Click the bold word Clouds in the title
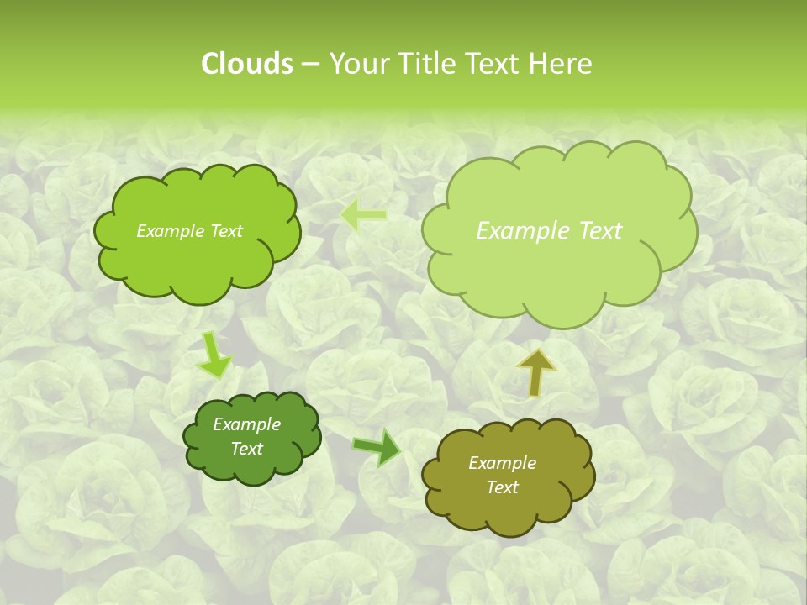click(x=246, y=64)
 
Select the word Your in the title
click(x=356, y=64)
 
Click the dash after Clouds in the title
click(x=309, y=65)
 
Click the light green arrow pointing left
click(x=363, y=215)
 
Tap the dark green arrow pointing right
click(x=377, y=446)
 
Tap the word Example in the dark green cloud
click(x=246, y=424)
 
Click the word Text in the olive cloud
click(x=502, y=487)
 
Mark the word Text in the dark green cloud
click(x=246, y=449)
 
